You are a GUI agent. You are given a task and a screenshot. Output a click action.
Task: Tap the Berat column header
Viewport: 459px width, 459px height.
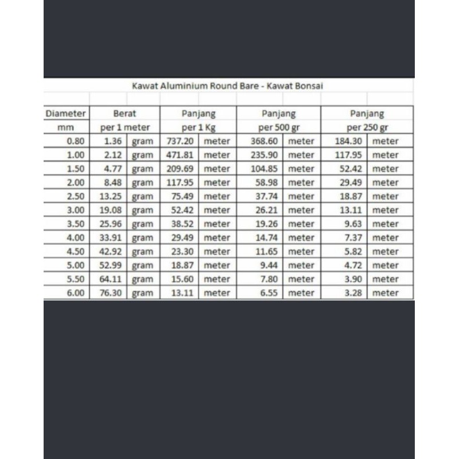(125, 114)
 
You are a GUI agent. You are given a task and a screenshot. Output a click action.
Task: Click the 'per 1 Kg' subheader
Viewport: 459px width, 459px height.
(199, 127)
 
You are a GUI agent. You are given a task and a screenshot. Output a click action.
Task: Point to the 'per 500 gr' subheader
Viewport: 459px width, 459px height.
(279, 127)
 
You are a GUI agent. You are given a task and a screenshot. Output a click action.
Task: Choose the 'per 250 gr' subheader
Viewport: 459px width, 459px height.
(367, 127)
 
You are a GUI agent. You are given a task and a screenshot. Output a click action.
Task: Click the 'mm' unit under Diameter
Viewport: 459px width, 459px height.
(66, 127)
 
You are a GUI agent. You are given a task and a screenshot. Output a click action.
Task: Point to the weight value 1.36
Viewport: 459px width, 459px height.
(112, 141)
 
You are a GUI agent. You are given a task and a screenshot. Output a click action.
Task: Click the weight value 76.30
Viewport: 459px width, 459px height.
(110, 293)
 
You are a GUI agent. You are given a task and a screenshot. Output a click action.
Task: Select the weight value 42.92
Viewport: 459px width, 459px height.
(110, 251)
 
